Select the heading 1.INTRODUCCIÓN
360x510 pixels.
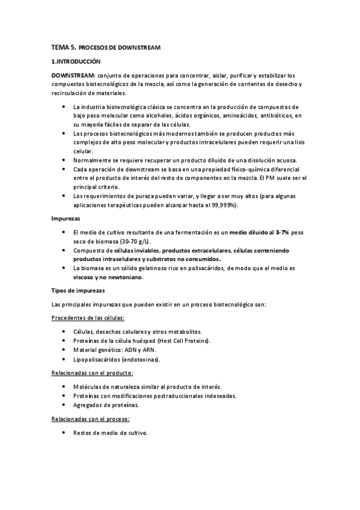[76, 62]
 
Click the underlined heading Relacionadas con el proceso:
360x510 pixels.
[91, 419]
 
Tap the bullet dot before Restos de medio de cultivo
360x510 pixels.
[64, 433]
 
